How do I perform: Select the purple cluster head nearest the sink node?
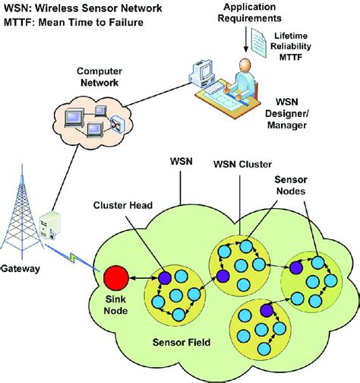click(165, 278)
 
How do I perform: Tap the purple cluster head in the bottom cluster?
click(266, 311)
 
